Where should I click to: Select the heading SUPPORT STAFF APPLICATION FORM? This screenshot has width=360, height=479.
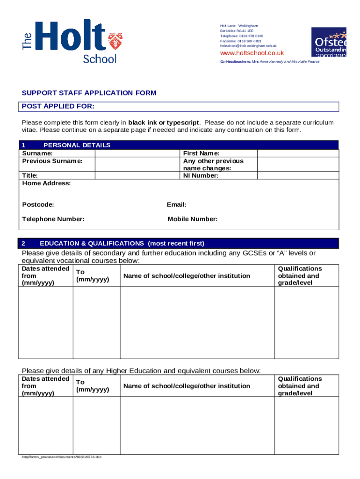(x=89, y=93)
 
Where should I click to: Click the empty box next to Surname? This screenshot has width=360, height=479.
(x=137, y=153)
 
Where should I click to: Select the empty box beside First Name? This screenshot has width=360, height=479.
(x=298, y=153)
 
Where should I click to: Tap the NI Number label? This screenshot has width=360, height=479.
(x=201, y=175)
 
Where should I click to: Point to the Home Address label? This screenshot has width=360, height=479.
(x=46, y=183)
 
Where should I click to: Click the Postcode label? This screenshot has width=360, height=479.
(x=38, y=204)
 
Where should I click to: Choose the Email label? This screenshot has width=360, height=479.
(x=177, y=204)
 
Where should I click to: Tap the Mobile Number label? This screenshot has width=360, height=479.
(x=192, y=219)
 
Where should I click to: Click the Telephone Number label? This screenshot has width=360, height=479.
(x=53, y=219)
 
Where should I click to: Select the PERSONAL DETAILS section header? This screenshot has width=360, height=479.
(x=77, y=145)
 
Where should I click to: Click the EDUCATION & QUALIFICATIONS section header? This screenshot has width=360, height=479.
(x=122, y=243)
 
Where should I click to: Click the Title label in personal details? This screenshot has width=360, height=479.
(x=30, y=175)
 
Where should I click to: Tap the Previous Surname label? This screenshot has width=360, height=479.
(x=52, y=161)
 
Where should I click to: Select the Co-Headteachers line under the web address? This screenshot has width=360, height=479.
(x=270, y=62)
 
